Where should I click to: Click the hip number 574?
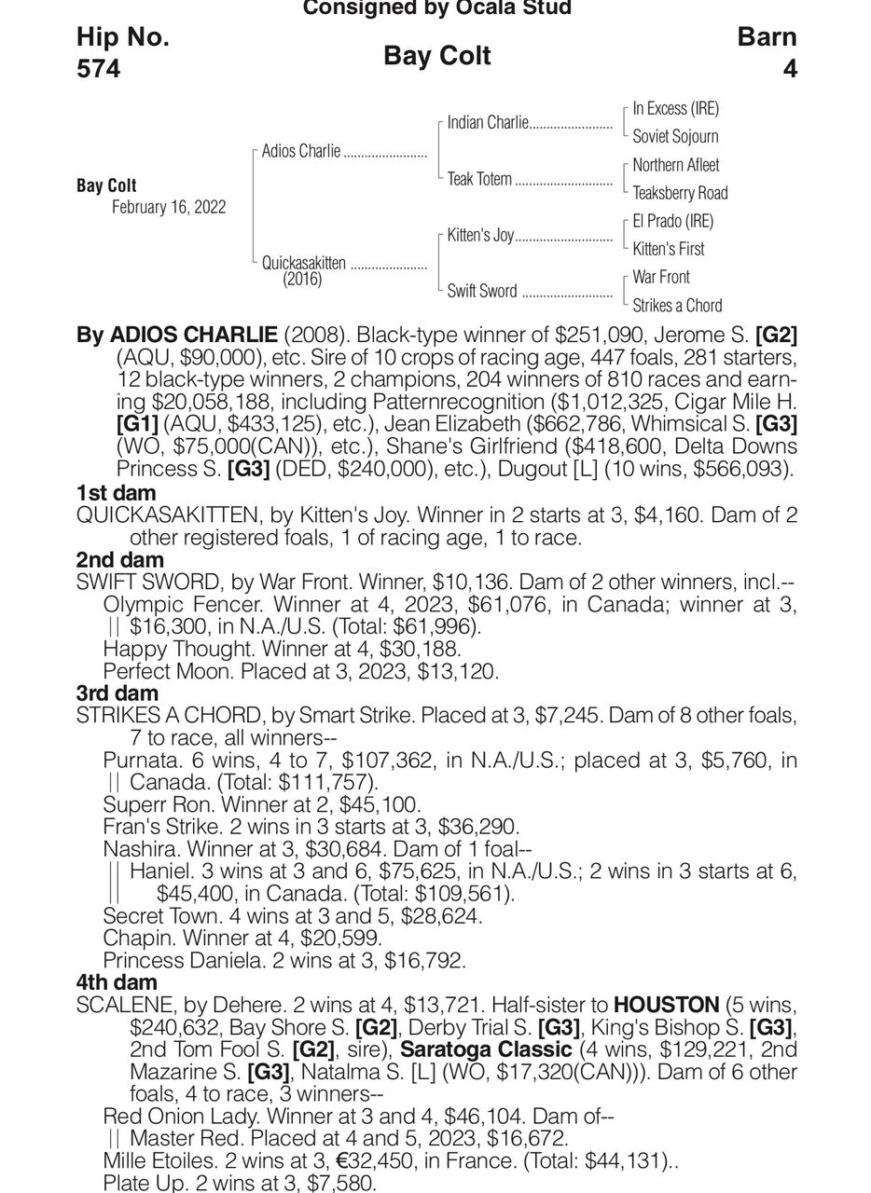98,69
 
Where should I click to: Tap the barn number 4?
790,69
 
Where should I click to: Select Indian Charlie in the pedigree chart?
488,123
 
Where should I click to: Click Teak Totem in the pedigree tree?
479,179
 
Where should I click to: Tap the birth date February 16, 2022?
169,207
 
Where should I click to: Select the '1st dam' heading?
116,493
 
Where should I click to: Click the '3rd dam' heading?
118,692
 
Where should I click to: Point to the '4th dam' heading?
118,982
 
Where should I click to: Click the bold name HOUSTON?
666,1006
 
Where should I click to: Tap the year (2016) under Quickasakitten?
302,279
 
